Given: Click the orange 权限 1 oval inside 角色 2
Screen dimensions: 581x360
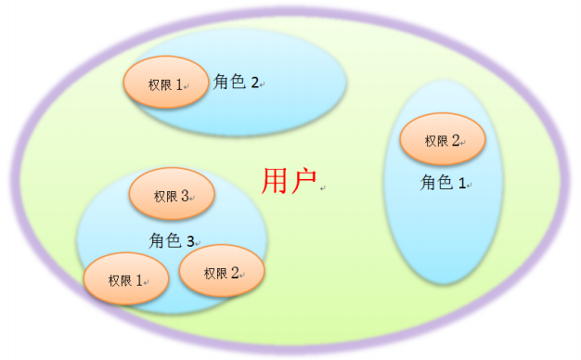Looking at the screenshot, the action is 164,84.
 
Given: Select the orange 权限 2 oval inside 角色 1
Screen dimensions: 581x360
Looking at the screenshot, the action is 442,140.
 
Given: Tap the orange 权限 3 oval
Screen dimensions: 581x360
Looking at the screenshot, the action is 172,196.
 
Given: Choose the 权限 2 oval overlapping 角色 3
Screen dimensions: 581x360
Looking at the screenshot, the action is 222,272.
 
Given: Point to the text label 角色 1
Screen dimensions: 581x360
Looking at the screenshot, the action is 443,184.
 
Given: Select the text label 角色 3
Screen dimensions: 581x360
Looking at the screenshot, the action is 172,240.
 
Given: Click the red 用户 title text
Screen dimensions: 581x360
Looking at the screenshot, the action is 290,181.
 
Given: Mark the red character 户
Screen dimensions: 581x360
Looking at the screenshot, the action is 304,181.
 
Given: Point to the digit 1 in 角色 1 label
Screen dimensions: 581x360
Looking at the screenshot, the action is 461,185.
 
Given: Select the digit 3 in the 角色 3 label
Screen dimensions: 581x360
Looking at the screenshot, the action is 190,241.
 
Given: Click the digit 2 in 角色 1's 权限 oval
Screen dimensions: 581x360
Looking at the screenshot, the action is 456,140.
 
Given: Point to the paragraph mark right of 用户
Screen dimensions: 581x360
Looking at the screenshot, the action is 322,188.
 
